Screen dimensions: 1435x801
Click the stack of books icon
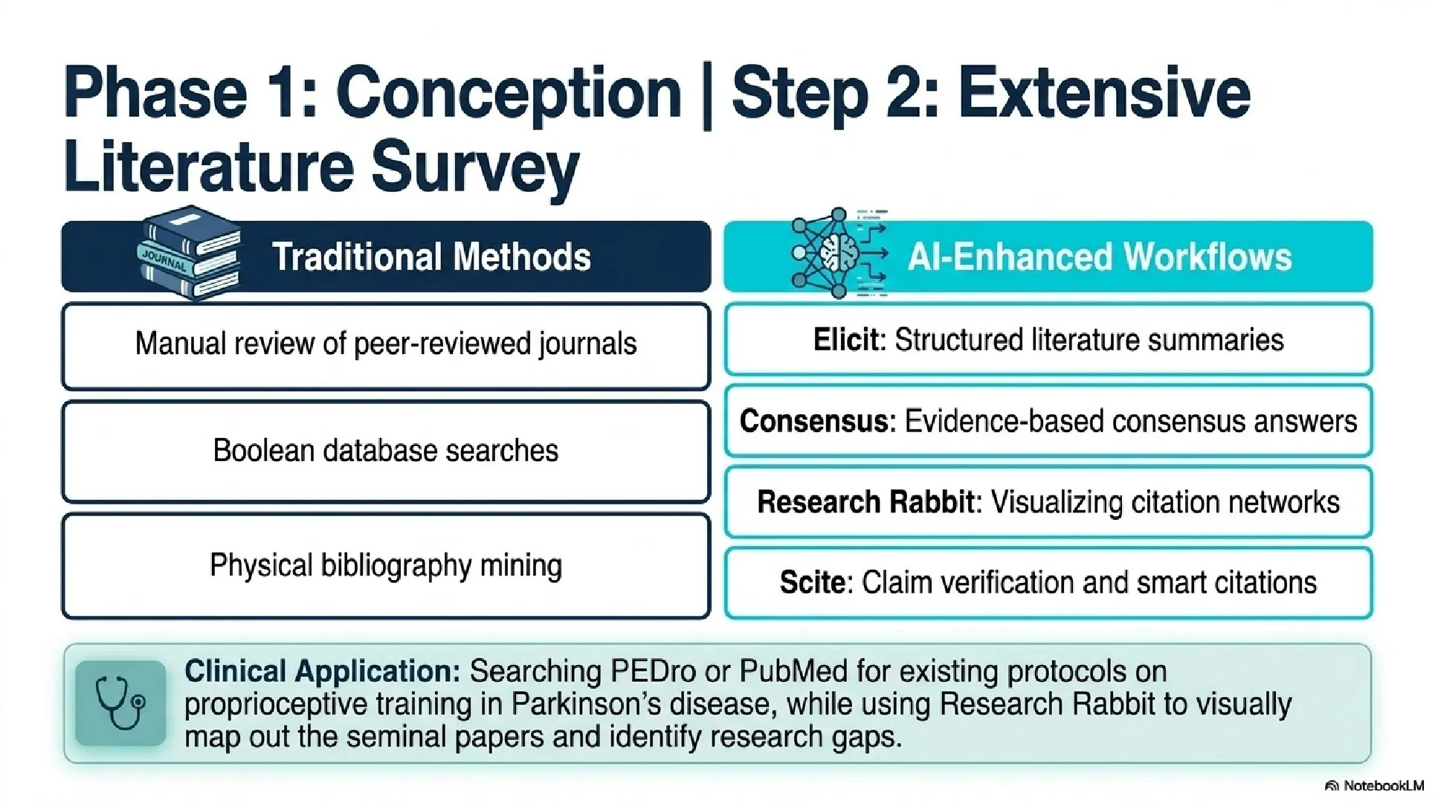[190, 253]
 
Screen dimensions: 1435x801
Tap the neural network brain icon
[839, 253]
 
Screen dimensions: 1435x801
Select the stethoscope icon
[120, 703]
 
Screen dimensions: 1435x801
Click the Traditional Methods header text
[431, 257]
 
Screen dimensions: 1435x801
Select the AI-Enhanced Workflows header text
[1100, 257]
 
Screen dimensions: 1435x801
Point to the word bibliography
[396, 567]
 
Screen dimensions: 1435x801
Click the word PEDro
[654, 672]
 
